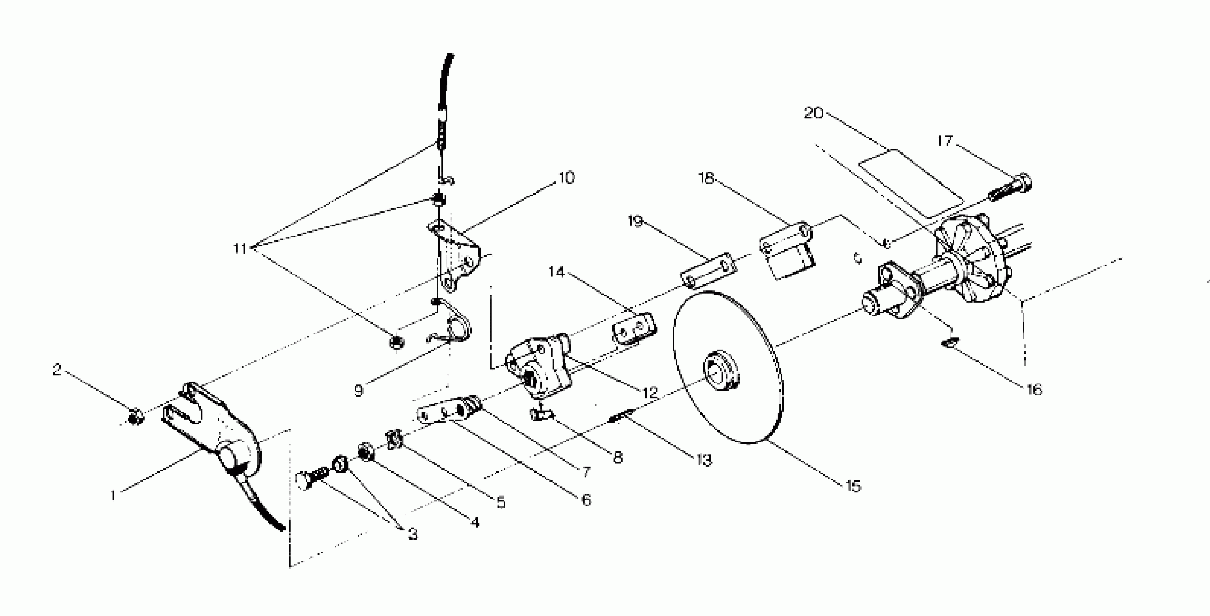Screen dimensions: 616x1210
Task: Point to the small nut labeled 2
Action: pyautogui.click(x=136, y=416)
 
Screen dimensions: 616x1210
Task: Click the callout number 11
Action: pyautogui.click(x=240, y=248)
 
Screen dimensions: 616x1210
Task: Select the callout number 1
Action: pyautogui.click(x=113, y=495)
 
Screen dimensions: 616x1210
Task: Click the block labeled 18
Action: pyautogui.click(x=787, y=251)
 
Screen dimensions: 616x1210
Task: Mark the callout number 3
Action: pyautogui.click(x=412, y=534)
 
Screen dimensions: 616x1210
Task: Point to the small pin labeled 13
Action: pyautogui.click(x=621, y=416)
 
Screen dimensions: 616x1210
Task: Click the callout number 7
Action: pyautogui.click(x=586, y=471)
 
